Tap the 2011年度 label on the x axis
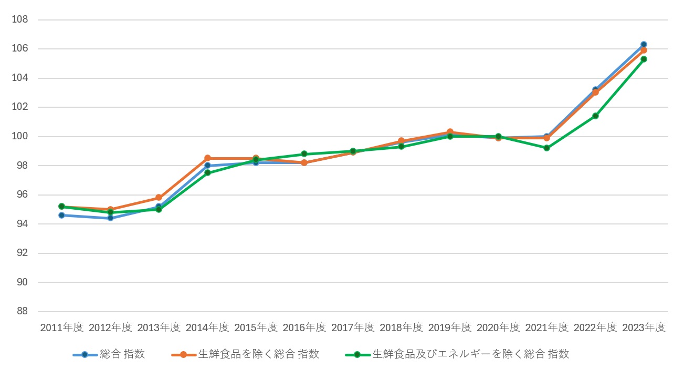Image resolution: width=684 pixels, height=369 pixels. coord(62,327)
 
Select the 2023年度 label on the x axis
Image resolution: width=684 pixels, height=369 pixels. coord(644,327)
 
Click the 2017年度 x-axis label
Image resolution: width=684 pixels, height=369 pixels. coord(353,327)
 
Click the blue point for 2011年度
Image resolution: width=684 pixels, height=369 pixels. coord(61,215)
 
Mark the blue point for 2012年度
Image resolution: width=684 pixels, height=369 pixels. coord(110,218)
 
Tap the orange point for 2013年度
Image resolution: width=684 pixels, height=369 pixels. coord(159,198)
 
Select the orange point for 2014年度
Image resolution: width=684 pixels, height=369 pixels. coord(207,158)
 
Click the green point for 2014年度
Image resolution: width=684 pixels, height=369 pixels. coord(207,173)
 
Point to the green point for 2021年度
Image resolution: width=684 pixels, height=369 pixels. coord(546,148)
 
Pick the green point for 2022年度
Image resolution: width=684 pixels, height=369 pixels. coord(595,116)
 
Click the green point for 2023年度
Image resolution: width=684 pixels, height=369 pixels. coord(644,59)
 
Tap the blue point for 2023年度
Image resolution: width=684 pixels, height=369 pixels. coord(644,44)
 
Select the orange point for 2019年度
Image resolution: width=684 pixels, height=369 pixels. coord(450,132)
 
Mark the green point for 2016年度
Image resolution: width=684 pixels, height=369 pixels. coord(304,154)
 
